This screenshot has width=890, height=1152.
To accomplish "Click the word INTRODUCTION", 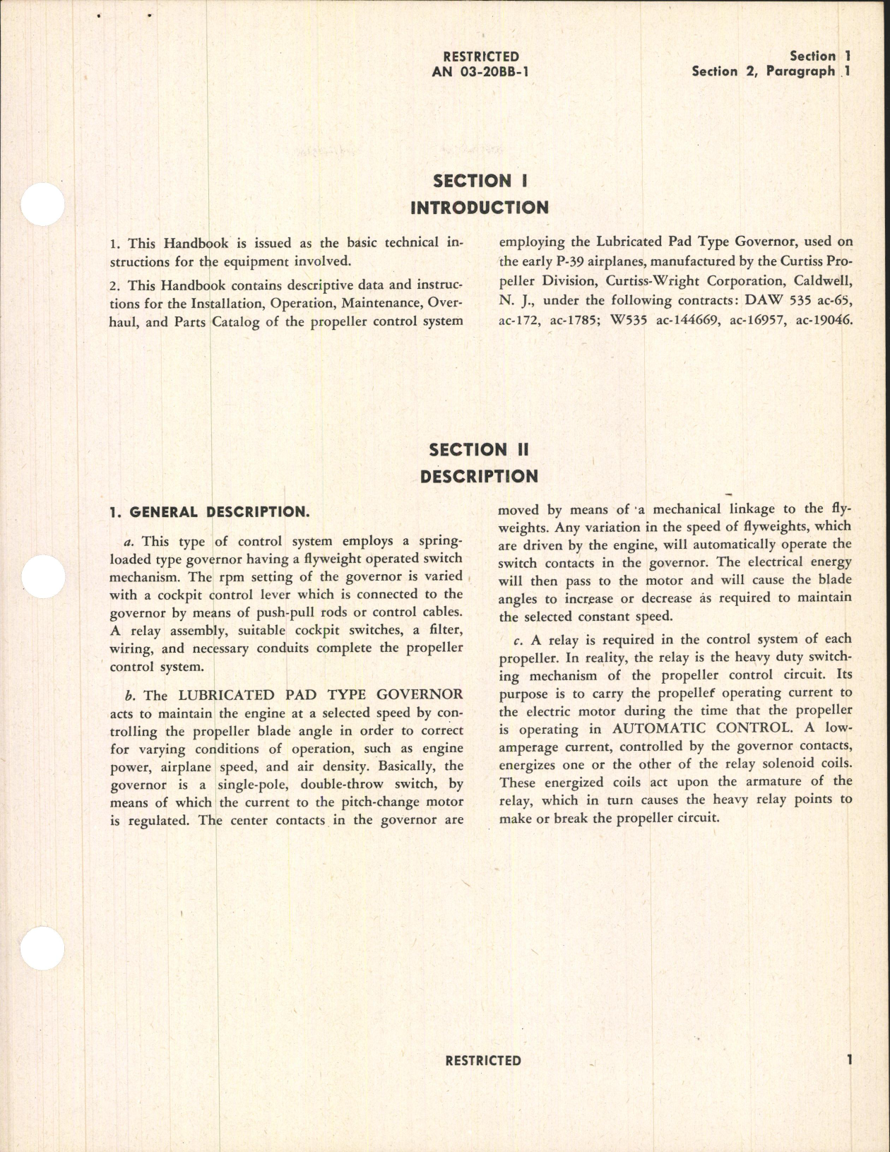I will [480, 208].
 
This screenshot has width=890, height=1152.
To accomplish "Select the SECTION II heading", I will [479, 450].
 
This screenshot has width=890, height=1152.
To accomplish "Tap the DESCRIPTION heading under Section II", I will [479, 477].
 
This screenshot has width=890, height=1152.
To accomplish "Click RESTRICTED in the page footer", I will [483, 1060].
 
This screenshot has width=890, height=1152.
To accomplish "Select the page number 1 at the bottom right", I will [849, 1059].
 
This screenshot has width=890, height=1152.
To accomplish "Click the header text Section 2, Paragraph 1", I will [771, 71].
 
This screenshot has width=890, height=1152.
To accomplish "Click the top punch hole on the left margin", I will [42, 204].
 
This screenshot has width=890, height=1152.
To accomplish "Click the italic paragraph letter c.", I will [518, 641].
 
